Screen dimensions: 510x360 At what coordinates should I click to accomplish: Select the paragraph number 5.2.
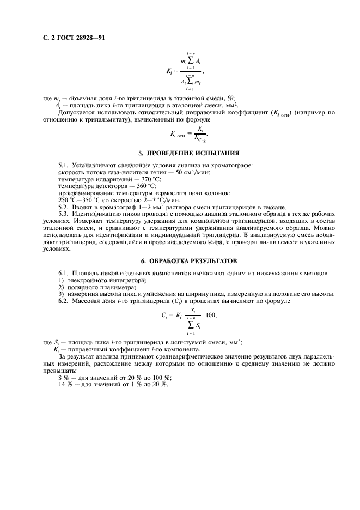point(64,208)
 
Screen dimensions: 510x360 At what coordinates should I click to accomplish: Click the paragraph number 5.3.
point(64,215)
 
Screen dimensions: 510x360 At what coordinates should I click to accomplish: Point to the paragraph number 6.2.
point(64,300)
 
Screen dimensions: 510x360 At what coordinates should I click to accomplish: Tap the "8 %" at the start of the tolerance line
point(64,378)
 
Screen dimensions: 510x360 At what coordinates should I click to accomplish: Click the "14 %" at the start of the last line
point(65,385)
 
